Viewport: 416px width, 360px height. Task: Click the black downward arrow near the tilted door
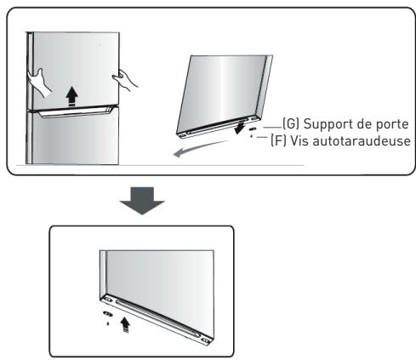coord(241,129)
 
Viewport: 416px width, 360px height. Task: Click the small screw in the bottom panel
coord(106,323)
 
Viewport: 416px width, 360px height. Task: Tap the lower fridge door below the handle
coord(72,140)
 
